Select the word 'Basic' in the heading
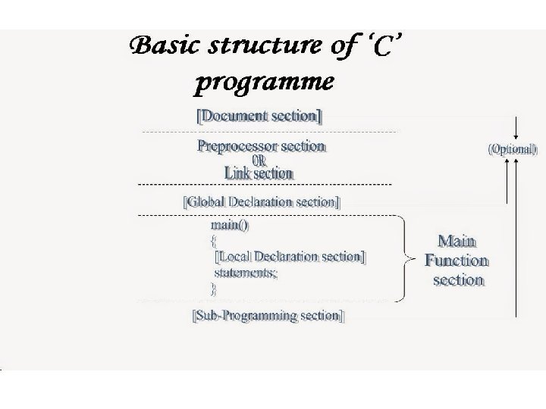(162, 48)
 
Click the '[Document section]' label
(259, 116)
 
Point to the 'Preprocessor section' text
(262, 145)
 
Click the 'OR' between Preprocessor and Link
(259, 160)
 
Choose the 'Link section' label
(259, 173)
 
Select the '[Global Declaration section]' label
(262, 202)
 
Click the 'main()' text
(229, 225)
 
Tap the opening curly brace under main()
(213, 241)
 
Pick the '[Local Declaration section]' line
(290, 257)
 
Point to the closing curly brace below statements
(213, 288)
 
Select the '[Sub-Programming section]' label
(268, 315)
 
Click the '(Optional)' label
(513, 149)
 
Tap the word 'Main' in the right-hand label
(457, 242)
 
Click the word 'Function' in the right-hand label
(457, 261)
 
